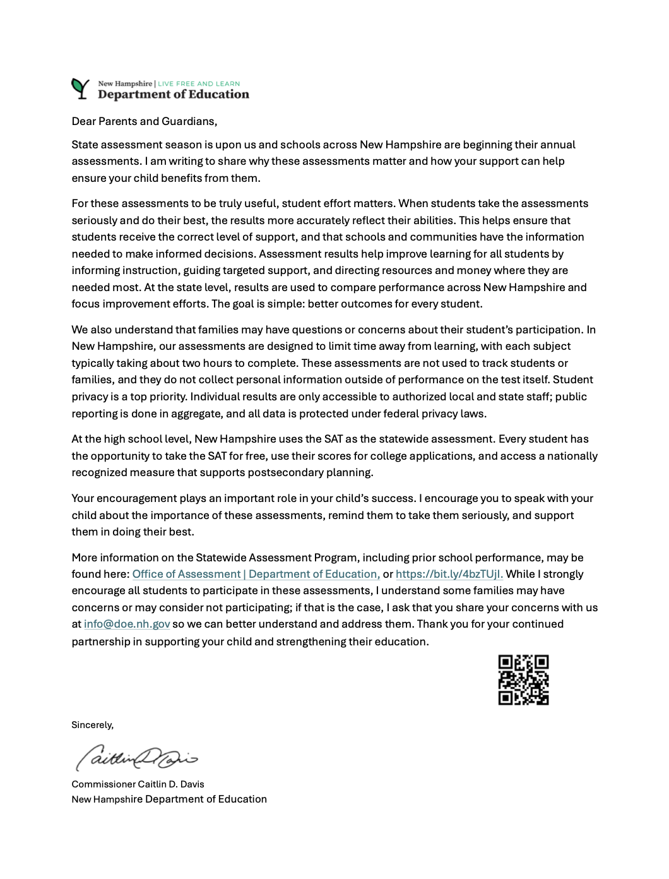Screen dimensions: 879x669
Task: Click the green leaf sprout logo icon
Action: pyautogui.click(x=80, y=88)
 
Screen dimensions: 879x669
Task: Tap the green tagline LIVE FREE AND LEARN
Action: pyautogui.click(x=199, y=83)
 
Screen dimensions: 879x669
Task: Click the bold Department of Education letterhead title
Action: pyautogui.click(x=174, y=95)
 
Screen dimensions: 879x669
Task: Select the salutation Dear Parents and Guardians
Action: pyautogui.click(x=144, y=121)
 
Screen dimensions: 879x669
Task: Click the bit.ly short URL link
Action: pyautogui.click(x=449, y=574)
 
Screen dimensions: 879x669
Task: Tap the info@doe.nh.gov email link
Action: pyautogui.click(x=127, y=624)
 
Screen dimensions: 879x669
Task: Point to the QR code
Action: pyautogui.click(x=523, y=679)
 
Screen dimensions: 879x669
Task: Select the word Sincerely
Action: pyautogui.click(x=92, y=725)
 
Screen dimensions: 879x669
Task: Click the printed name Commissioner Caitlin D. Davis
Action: pyautogui.click(x=138, y=784)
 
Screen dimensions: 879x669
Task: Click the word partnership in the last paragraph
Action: pyautogui.click(x=100, y=642)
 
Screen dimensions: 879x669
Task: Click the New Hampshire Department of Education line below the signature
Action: pyautogui.click(x=169, y=799)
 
